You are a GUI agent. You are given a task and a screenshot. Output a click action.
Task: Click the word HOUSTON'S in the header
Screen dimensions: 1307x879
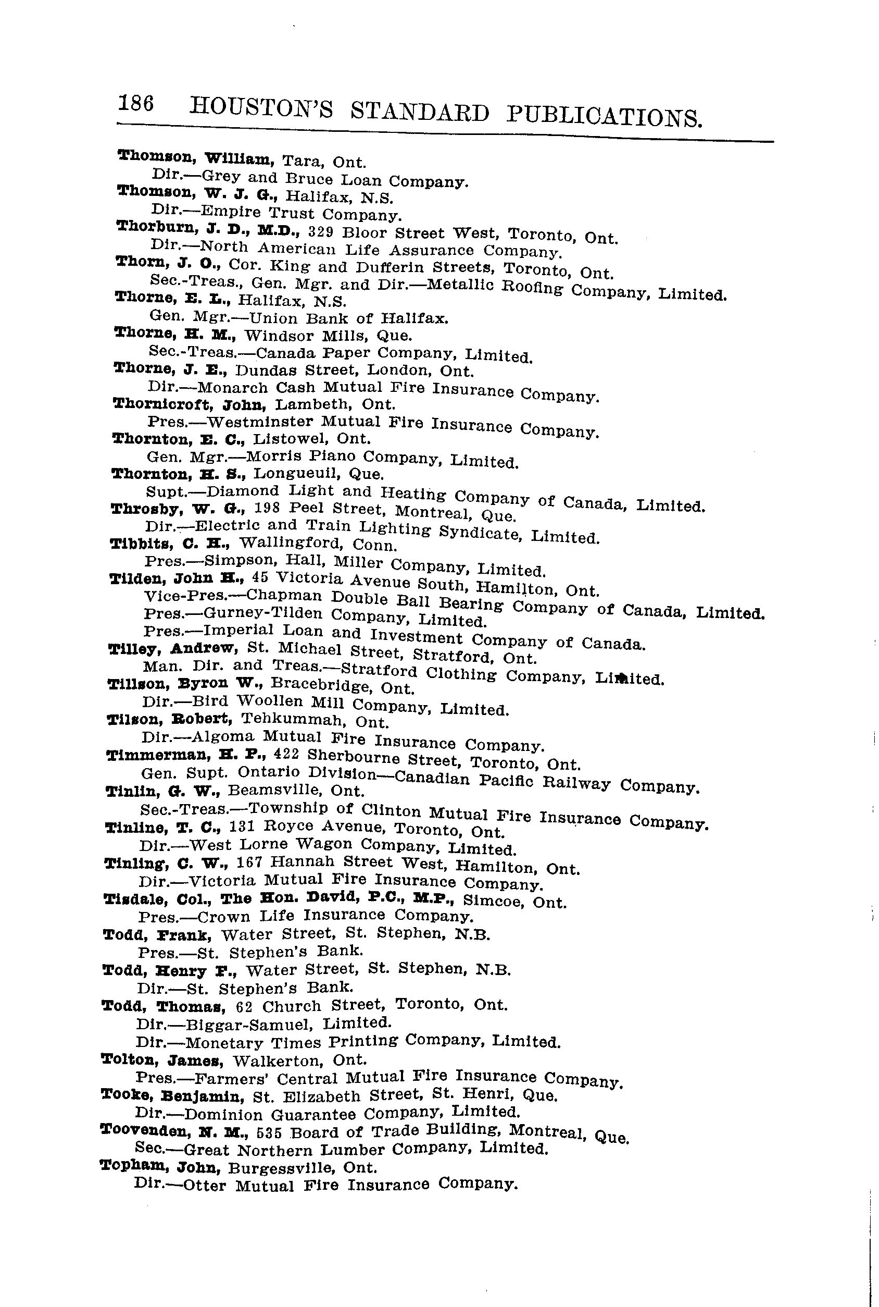261,108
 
